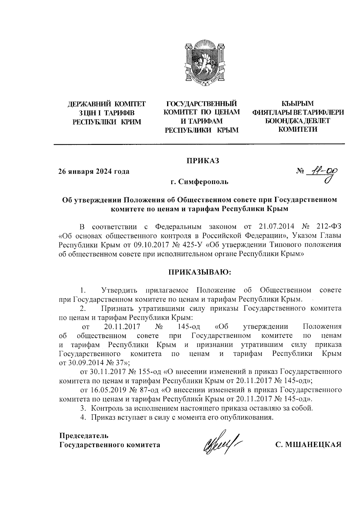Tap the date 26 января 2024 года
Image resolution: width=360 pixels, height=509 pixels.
(x=94, y=172)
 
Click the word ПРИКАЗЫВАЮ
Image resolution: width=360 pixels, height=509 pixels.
(x=200, y=272)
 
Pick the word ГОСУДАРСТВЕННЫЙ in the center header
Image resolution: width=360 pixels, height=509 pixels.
(x=202, y=104)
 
